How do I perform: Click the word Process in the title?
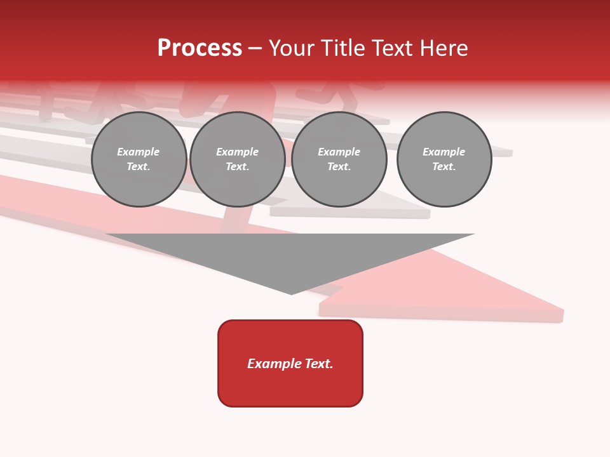click(200, 48)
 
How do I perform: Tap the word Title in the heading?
click(342, 48)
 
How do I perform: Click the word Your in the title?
click(292, 48)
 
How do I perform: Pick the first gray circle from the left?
click(139, 159)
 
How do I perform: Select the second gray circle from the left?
click(238, 159)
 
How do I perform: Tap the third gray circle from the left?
click(339, 159)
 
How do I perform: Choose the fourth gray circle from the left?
click(444, 159)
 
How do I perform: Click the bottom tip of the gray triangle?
click(291, 293)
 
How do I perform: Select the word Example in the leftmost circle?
click(139, 152)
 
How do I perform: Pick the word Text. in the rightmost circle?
click(444, 167)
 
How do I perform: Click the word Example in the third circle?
click(339, 152)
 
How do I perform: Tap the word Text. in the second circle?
click(238, 167)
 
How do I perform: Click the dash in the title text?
click(255, 48)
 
